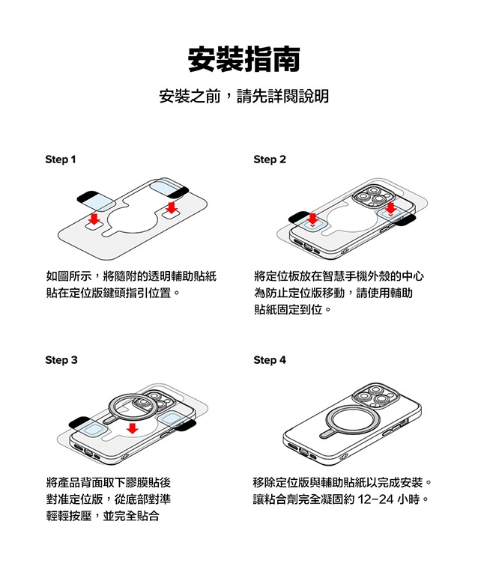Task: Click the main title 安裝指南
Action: pos(243,59)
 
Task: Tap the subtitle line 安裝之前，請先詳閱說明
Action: pos(243,96)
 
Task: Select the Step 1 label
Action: pos(61,159)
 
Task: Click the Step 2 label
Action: pos(270,159)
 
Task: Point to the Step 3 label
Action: pos(61,360)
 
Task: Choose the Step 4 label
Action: pos(270,360)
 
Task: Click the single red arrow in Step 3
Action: pos(133,428)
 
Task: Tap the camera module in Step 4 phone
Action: pos(375,397)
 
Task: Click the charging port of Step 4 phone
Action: pos(304,452)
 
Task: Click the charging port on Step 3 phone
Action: pos(88,452)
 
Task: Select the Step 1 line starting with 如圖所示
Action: pos(131,276)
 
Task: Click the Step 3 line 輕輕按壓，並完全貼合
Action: pos(103,515)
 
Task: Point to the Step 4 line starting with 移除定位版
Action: pos(342,482)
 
